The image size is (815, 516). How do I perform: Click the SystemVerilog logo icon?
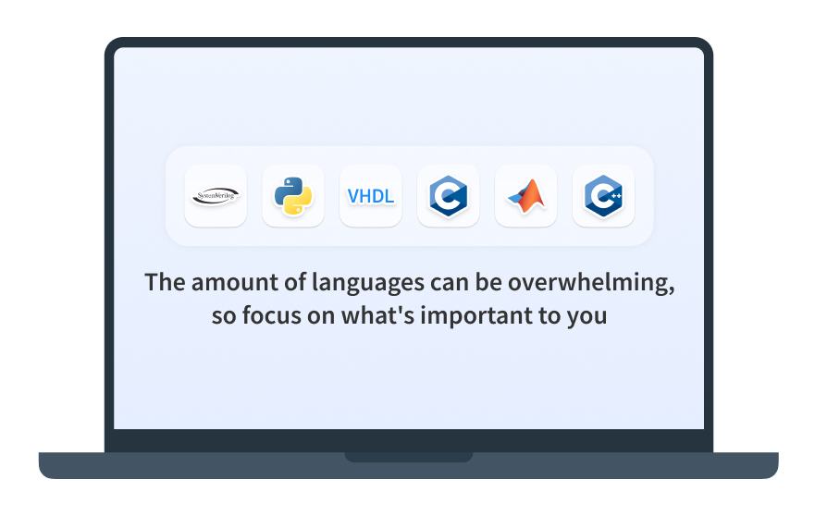216,196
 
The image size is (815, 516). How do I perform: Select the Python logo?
293,196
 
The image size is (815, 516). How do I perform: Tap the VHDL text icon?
371,196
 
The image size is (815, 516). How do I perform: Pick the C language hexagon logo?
448,196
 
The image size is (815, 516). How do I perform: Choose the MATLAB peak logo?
526,196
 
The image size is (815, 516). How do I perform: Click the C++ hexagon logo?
603,196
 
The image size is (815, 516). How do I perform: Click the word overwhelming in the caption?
591,283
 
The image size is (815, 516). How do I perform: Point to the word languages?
368,283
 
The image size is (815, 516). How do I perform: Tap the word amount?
234,283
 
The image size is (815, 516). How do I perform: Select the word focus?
272,315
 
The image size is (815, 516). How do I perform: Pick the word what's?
377,315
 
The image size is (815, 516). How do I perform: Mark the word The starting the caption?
165,282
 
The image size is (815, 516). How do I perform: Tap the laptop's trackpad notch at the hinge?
409,457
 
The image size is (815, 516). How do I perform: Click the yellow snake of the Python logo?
298,203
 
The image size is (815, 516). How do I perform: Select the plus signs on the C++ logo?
616,196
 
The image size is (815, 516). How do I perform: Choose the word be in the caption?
488,282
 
